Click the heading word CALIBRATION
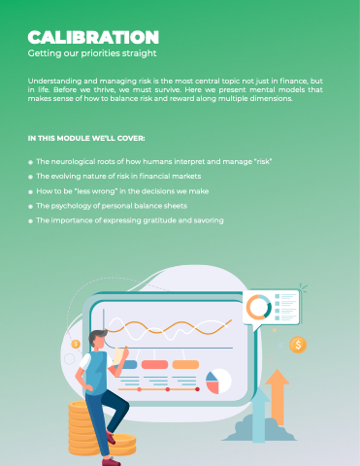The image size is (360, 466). (93, 37)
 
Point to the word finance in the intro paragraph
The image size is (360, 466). (294, 81)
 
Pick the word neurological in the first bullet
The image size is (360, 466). (73, 161)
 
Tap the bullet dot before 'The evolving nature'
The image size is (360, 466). (30, 177)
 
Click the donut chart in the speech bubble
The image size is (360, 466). (259, 307)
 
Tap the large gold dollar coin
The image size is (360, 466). (298, 345)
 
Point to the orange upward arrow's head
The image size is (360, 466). (278, 377)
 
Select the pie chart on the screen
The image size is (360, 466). (218, 382)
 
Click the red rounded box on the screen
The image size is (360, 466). (154, 365)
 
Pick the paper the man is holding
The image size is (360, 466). (119, 356)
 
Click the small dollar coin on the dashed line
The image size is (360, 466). (76, 344)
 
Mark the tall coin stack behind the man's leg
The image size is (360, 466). (83, 428)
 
